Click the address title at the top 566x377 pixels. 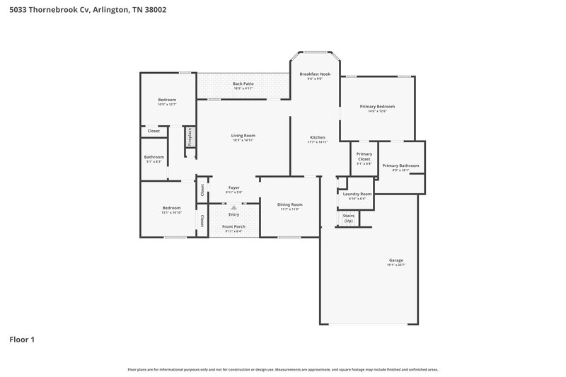[83, 11]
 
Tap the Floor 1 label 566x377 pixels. [22, 340]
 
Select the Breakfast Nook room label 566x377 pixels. [315, 74]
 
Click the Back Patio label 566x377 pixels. [243, 84]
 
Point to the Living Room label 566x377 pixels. [243, 135]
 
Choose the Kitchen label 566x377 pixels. [318, 137]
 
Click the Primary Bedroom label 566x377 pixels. [377, 107]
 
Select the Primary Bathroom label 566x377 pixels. [400, 166]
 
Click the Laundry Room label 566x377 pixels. [357, 194]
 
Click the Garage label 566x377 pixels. [395, 260]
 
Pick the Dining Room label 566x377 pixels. [290, 204]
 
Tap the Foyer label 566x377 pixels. [233, 188]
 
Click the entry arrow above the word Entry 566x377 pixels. [233, 208]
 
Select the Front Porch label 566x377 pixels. [233, 226]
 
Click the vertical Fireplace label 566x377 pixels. [190, 137]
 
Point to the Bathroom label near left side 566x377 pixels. [154, 157]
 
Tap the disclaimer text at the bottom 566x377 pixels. [282, 369]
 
